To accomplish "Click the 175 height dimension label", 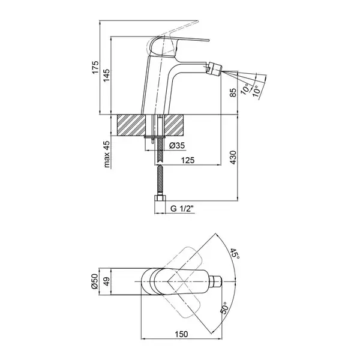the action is coord(95,67).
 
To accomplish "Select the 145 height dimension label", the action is coord(106,76).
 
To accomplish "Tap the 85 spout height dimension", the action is coord(233,92).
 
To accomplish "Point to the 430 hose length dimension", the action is coord(233,157).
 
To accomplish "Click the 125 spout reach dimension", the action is coord(188,160).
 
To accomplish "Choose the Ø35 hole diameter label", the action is coord(177,145).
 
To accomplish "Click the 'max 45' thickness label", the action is coord(107,154).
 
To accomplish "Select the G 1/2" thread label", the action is coord(182,208).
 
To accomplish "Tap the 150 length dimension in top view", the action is coord(181,334).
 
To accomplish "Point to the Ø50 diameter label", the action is coord(95,281).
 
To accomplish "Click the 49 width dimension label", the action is coord(106,281).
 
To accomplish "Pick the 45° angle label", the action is coord(235,254).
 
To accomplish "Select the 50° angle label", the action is coord(224,308).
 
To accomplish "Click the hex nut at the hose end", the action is coord(160,198).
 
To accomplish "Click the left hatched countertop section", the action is coord(131,125).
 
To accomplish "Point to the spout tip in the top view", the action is coord(216,281).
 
